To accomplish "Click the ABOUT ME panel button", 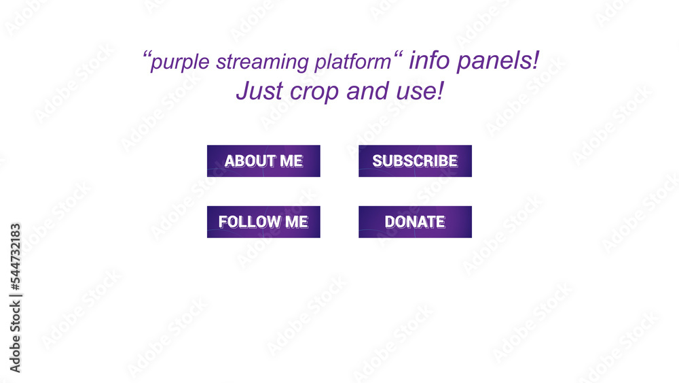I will (263, 161).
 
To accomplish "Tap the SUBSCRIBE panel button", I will (415, 161).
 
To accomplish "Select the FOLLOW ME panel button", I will (263, 222).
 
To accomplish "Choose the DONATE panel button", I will (415, 222).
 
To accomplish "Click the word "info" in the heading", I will (430, 61).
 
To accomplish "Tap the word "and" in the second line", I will (367, 90).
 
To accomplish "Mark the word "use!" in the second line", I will (420, 90).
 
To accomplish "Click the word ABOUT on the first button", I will (249, 161).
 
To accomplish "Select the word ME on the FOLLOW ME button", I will (296, 222).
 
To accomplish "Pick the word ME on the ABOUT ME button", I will (291, 161).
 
